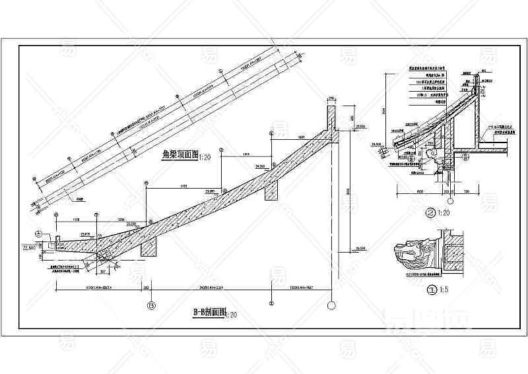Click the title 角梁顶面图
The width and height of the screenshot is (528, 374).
[x=180, y=155]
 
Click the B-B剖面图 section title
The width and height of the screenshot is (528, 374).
[x=209, y=313]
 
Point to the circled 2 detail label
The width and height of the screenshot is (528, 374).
[x=430, y=212]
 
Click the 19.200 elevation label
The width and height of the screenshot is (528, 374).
[x=378, y=144]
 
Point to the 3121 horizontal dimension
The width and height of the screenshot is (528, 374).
[x=183, y=187]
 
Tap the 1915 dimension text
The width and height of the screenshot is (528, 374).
[x=246, y=154]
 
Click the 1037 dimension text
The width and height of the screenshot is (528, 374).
[x=301, y=136]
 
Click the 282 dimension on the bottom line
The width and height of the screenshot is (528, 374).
[x=146, y=288]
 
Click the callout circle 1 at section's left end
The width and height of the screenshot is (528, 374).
[x=38, y=233]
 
